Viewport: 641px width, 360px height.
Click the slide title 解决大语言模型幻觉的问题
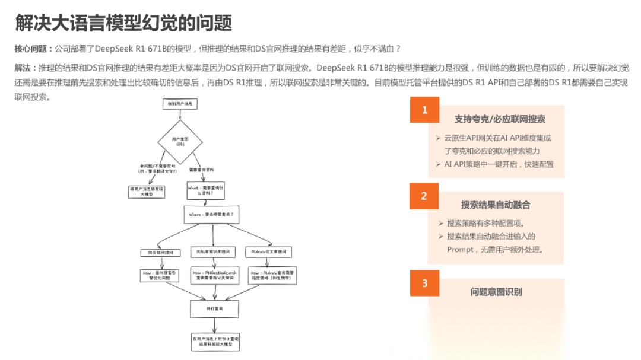coord(123,23)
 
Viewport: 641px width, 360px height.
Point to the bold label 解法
coord(26,68)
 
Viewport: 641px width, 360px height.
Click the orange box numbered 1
coord(424,110)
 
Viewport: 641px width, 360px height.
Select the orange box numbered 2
coord(424,196)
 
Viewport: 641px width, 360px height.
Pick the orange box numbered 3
coord(424,283)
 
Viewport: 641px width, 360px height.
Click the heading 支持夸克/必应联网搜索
coord(500,119)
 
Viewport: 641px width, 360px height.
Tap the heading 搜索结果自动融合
coord(496,205)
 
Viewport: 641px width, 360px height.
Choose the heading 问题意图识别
coord(496,292)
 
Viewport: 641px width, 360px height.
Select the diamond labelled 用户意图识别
coord(180,141)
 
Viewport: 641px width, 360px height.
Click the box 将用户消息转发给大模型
coord(147,191)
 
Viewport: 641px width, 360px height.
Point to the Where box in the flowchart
coord(211,214)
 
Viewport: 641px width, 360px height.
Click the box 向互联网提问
coord(157,253)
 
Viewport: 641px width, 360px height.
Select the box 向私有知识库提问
coord(213,253)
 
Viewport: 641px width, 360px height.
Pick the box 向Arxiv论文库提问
coord(271,253)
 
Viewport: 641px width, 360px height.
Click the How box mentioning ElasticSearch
coord(214,275)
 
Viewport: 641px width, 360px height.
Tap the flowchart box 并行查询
coord(214,309)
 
